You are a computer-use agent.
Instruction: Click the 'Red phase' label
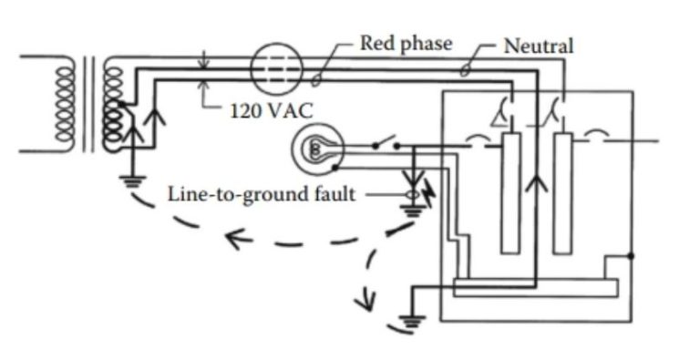[x=406, y=43]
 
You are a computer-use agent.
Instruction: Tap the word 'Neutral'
[x=539, y=46]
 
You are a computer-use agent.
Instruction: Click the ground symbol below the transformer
[x=137, y=180]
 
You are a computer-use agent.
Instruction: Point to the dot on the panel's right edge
[x=631, y=256]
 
